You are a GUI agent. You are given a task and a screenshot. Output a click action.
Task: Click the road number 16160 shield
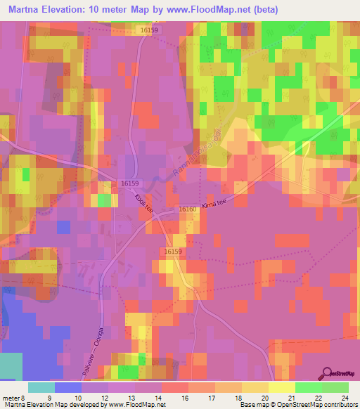click(187, 209)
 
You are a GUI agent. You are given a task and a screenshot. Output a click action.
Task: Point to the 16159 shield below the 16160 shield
click(173, 251)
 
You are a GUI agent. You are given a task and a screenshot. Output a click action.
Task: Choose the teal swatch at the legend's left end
click(41, 387)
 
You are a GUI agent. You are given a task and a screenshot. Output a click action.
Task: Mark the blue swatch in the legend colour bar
click(68, 387)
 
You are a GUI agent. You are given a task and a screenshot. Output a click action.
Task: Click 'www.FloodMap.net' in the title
click(214, 10)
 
